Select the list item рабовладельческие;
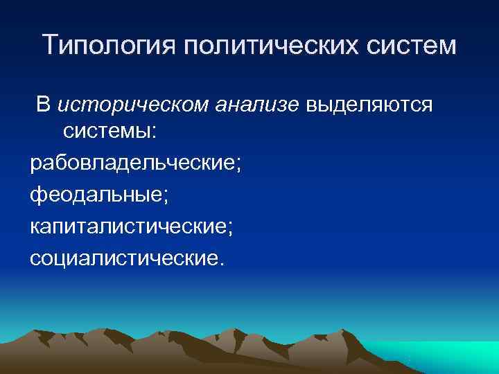(x=136, y=164)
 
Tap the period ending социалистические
(x=222, y=264)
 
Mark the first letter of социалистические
(x=35, y=260)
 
